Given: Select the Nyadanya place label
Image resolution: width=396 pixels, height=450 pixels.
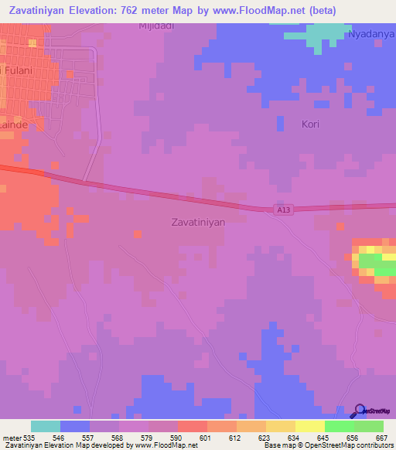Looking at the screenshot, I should tap(370, 35).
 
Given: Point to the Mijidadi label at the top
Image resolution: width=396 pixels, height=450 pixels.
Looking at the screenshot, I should tap(155, 26).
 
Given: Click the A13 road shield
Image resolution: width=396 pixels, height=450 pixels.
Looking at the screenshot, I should tap(283, 210).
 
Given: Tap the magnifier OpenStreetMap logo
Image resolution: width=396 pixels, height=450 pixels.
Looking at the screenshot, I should tap(359, 411).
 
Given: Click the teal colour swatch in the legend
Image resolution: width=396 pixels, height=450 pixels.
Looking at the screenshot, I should tap(46, 426).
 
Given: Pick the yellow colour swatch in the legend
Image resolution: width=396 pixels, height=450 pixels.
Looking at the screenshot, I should tap(309, 426).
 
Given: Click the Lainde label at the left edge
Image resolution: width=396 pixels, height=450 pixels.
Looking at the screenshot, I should tap(14, 124).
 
